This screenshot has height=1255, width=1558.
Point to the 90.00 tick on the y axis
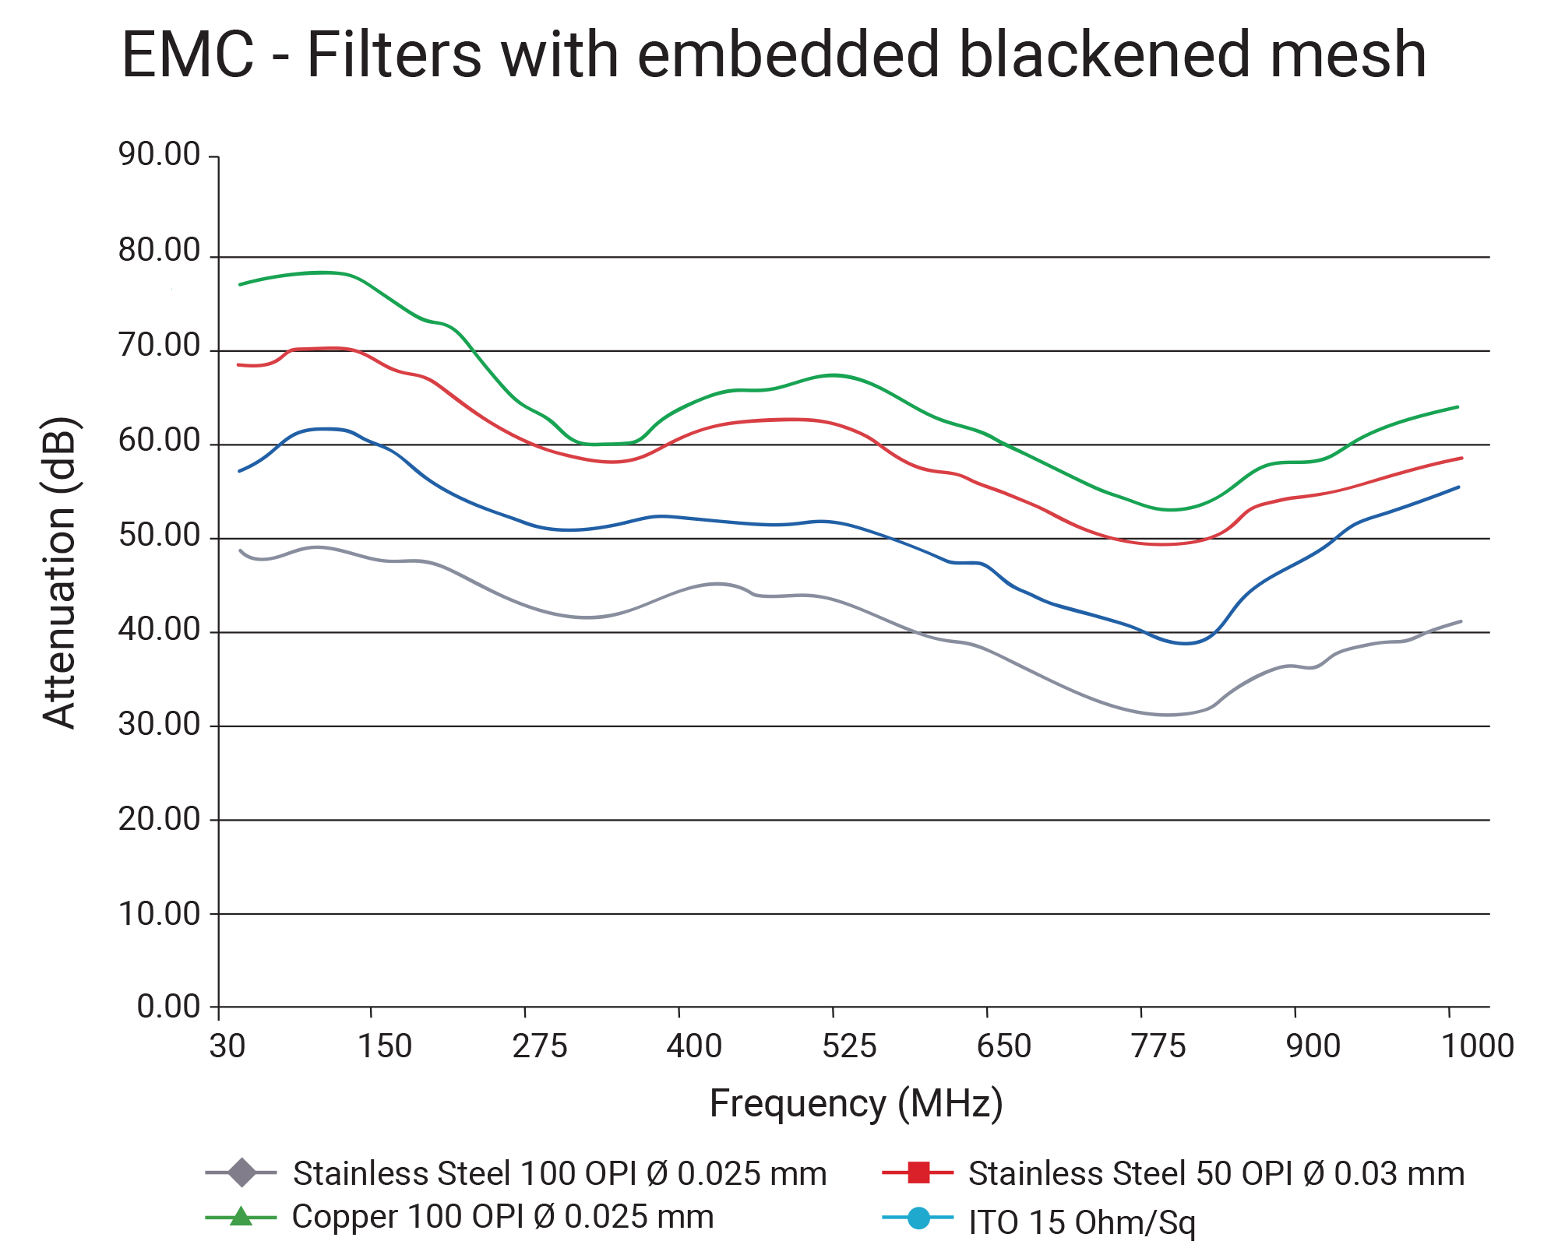(x=159, y=155)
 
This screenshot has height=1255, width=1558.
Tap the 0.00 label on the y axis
(x=168, y=1007)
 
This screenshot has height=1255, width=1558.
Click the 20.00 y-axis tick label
(x=159, y=819)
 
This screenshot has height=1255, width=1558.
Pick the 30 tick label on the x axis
(x=227, y=1046)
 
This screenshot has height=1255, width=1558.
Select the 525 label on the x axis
(x=848, y=1046)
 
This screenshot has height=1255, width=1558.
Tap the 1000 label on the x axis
(x=1477, y=1046)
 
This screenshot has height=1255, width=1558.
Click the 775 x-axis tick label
(x=1158, y=1046)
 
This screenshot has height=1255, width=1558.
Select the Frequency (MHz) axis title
(x=855, y=1103)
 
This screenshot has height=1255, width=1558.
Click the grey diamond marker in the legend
(x=241, y=1172)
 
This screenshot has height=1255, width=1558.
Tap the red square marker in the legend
(x=918, y=1172)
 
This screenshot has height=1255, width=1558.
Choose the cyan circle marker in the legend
(x=918, y=1218)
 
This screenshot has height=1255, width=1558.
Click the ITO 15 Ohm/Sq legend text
(x=1081, y=1222)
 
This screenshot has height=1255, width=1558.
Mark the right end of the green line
(x=1457, y=407)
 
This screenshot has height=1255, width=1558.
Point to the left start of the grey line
(x=240, y=550)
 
